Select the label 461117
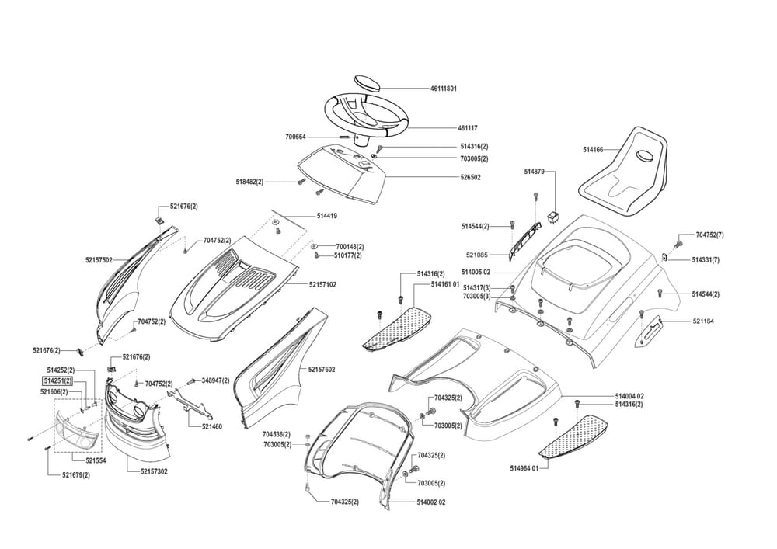(x=447, y=127)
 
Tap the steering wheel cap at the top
(x=365, y=82)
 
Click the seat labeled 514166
(x=627, y=175)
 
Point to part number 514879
(x=535, y=171)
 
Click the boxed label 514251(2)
(x=57, y=381)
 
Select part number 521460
(x=212, y=426)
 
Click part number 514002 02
(x=431, y=502)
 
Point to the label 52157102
(x=323, y=285)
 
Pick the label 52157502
(x=99, y=260)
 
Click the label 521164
(x=696, y=321)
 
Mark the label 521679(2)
(x=76, y=474)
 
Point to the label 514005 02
(x=476, y=272)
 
